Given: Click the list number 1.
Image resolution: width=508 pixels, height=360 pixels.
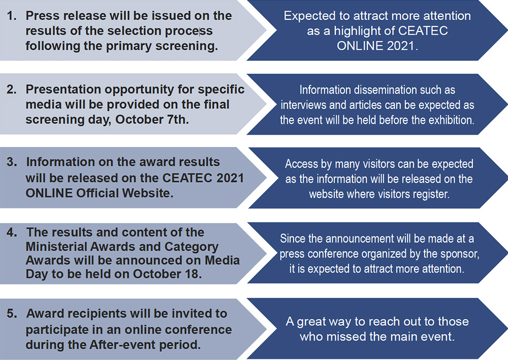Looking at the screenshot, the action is pos(12,16).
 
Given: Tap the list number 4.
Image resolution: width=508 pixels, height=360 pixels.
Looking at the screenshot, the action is pos(12,232).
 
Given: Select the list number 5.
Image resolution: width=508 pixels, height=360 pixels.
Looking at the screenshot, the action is pos(12,314).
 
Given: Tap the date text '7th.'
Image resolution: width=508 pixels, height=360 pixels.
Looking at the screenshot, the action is pos(177,119).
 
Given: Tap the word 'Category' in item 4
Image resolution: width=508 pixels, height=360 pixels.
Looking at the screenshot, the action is pos(192,247).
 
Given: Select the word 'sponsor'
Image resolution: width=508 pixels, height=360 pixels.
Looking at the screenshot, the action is pos(461,254).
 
